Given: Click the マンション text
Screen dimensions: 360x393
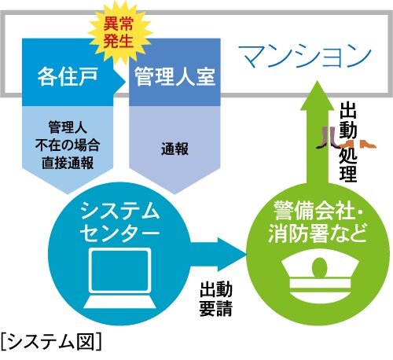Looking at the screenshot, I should point(303,55).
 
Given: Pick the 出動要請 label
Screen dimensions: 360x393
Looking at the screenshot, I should point(214,298).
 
